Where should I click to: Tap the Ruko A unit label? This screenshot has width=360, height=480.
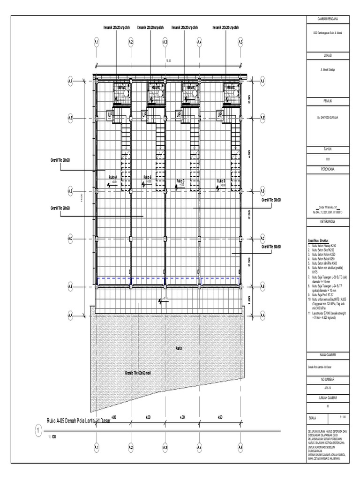112,178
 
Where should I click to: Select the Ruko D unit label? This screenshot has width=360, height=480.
221,180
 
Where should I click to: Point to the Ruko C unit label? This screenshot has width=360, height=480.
180,181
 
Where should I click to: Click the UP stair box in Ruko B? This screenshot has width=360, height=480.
144,114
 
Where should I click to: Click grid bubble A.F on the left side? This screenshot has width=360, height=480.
70,81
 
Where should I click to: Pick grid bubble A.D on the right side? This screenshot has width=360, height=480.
262,191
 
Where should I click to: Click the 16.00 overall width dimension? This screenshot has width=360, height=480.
168,61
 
